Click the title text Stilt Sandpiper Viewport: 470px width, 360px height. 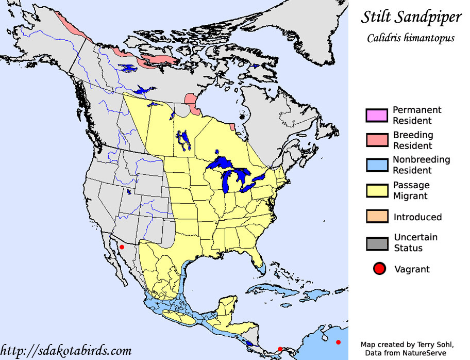point(411,17)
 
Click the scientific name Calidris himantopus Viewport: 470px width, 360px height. point(411,38)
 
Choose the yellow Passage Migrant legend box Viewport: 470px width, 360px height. point(377,190)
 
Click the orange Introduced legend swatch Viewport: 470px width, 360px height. point(377,217)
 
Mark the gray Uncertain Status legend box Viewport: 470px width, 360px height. point(377,242)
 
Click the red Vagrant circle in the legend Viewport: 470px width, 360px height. point(380,269)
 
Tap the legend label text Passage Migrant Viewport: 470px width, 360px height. point(411,190)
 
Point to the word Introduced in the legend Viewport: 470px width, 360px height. point(417,217)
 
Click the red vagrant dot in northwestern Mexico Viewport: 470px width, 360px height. point(122,247)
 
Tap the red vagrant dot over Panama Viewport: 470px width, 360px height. point(280,349)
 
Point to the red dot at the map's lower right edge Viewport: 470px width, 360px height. point(338,342)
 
